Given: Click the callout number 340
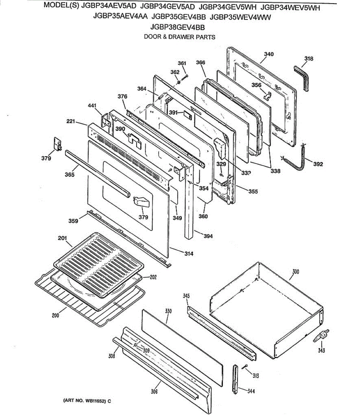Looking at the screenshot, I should [x=269, y=54].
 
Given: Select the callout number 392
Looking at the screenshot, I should [x=318, y=164].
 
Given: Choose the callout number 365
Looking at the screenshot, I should [x=69, y=175].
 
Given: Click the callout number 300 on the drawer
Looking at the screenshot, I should [x=296, y=272].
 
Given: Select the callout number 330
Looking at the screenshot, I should [x=168, y=311].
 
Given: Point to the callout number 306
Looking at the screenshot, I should [x=154, y=391].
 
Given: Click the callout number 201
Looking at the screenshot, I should [x=62, y=238].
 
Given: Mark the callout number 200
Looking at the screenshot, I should [x=55, y=315].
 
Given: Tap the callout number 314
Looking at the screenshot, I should [x=189, y=254].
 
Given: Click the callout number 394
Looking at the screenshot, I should [x=208, y=236].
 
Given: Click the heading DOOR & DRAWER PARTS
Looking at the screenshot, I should [x=179, y=37].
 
